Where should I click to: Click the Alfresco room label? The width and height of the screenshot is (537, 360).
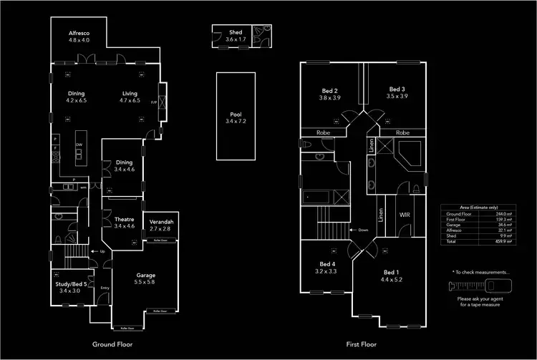79,34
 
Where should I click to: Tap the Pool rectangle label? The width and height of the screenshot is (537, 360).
236,115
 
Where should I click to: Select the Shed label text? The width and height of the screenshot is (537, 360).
236,33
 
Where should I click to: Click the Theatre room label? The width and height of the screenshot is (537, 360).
124,220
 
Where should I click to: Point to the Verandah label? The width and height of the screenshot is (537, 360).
161,222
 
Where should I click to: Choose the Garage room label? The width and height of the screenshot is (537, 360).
146,276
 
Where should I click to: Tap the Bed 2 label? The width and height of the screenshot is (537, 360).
330,91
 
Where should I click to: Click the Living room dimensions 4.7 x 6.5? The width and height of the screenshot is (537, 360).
129,101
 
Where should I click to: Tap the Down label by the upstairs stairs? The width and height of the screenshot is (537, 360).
363,230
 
